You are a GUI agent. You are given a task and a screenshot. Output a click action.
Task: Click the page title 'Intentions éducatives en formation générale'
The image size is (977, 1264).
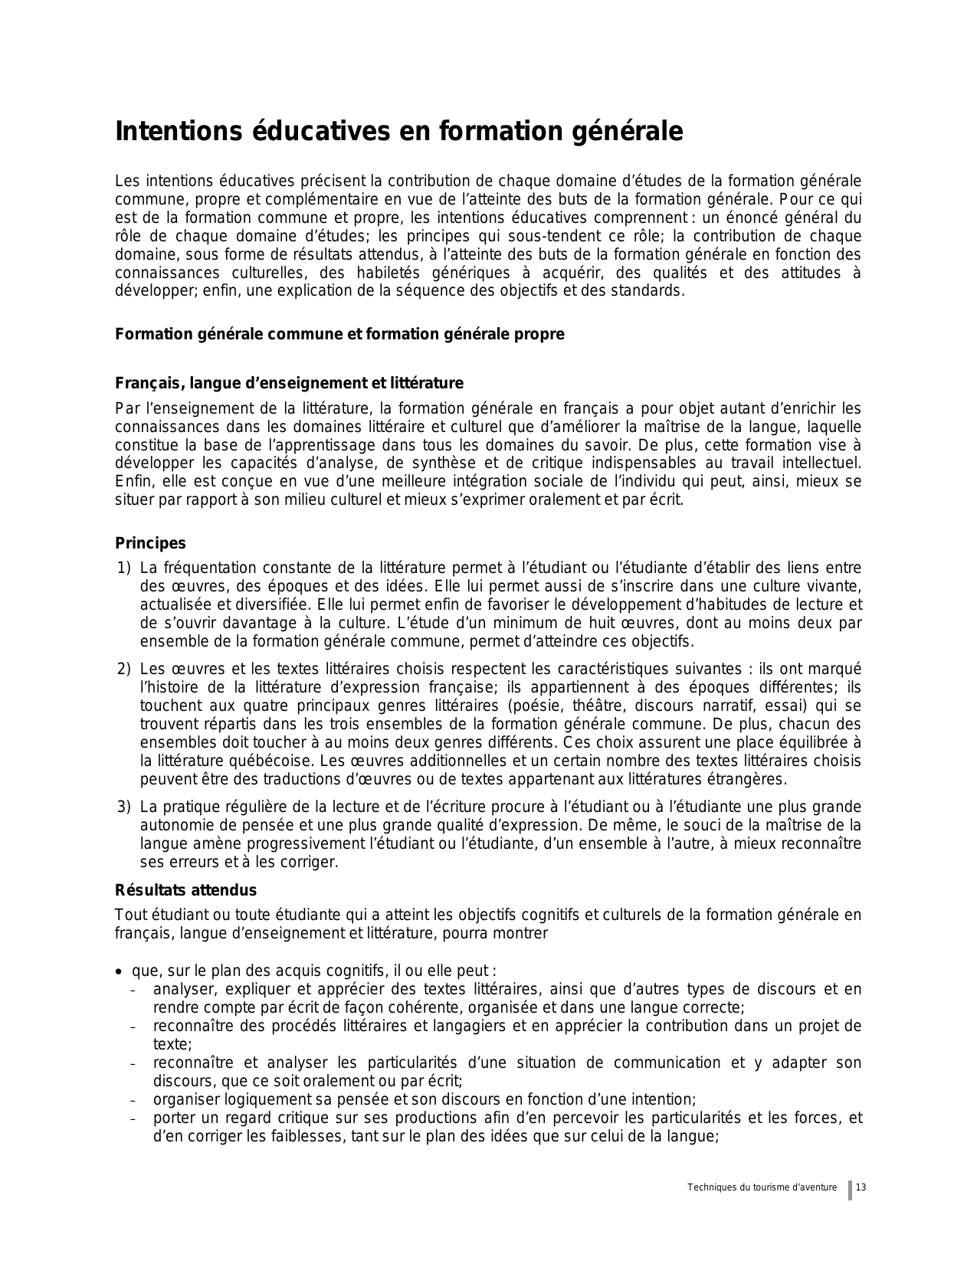398,132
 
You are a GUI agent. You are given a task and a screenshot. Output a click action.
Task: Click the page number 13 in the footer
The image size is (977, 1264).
861,1187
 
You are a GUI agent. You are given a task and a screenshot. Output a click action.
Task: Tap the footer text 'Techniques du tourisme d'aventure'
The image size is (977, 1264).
762,1187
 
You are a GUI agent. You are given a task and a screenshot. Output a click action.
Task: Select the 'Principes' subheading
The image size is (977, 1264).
150,543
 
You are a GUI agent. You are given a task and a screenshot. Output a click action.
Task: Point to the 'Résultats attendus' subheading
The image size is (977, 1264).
185,890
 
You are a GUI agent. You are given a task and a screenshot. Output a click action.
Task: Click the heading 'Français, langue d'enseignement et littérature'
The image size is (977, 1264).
289,383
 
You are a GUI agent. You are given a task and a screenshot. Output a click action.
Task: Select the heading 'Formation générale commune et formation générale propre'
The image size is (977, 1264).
339,335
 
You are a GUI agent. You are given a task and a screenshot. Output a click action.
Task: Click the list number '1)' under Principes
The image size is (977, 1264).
124,568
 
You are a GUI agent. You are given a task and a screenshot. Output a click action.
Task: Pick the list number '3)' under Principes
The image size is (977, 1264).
124,807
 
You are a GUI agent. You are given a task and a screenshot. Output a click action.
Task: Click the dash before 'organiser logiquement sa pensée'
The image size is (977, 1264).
133,1101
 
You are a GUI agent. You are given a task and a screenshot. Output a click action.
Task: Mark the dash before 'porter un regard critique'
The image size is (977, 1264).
133,1119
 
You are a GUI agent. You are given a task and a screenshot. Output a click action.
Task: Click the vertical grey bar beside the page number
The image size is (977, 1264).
850,1190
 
